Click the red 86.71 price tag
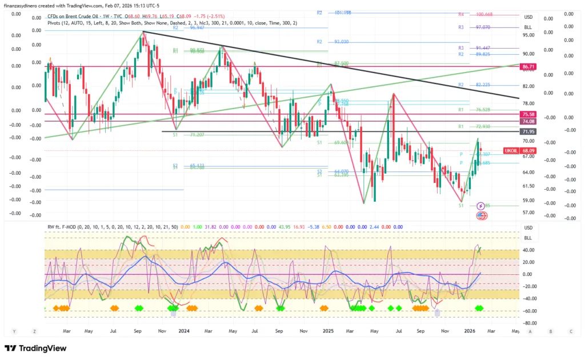pyautogui.click(x=527, y=67)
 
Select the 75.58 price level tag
pyautogui.click(x=527, y=114)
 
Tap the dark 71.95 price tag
pyautogui.click(x=527, y=132)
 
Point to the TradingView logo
pyautogui.click(x=35, y=348)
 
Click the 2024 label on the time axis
pyautogui.click(x=184, y=331)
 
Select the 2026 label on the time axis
pyautogui.click(x=470, y=331)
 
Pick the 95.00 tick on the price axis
pyautogui.click(x=528, y=35)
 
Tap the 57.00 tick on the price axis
pyautogui.click(x=528, y=213)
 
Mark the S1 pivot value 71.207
pyautogui.click(x=197, y=134)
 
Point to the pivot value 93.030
pyautogui.click(x=341, y=42)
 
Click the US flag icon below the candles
pyautogui.click(x=481, y=215)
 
